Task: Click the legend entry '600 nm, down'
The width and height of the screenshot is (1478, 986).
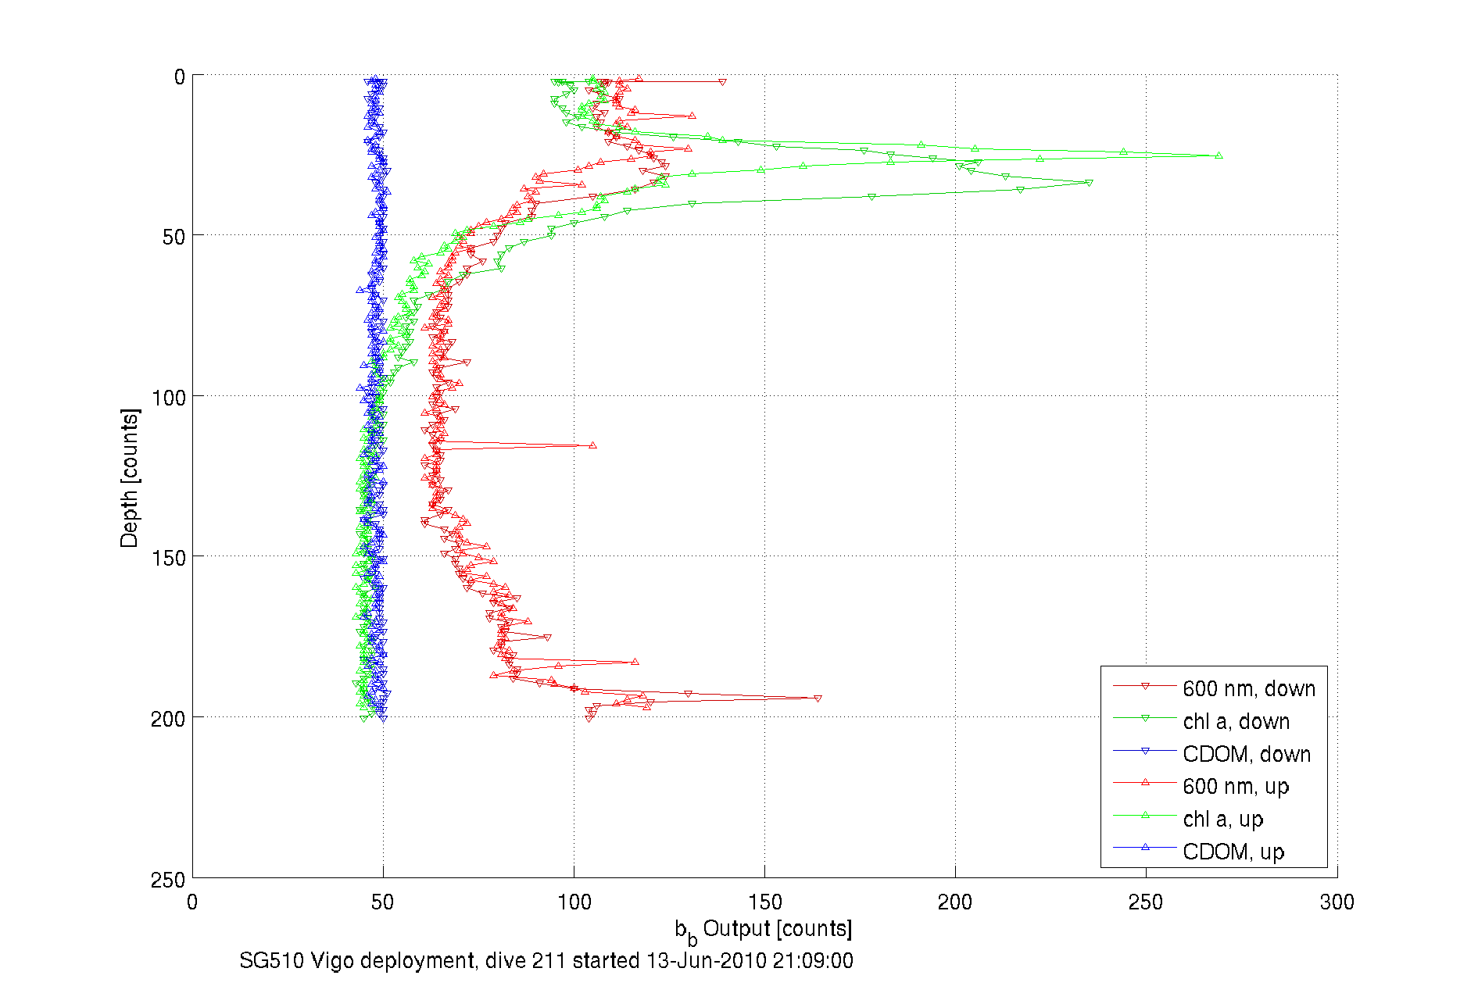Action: (x=1248, y=689)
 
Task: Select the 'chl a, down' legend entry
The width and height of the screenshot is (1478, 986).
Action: (x=1236, y=722)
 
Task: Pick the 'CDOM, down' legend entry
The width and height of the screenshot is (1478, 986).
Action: (x=1246, y=755)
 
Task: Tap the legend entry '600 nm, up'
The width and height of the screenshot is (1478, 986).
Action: (x=1236, y=787)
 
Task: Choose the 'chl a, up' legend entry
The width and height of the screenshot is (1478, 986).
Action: (x=1222, y=820)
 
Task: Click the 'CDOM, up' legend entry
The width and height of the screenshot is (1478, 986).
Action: (x=1233, y=852)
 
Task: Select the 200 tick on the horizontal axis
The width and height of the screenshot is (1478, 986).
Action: (x=955, y=902)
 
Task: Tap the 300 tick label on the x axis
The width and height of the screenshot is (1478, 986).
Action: (x=1337, y=902)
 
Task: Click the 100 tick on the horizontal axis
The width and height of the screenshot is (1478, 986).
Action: (x=574, y=902)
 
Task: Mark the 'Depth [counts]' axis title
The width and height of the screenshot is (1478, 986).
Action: (x=130, y=478)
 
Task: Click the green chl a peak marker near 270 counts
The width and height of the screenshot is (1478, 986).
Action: (x=1219, y=156)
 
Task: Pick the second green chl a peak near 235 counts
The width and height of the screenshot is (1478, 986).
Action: (x=1089, y=183)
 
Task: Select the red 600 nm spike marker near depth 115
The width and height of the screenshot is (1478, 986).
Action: (x=592, y=445)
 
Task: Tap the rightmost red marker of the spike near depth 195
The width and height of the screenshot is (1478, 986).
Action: (x=818, y=698)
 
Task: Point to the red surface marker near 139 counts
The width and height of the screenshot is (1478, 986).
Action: (x=722, y=82)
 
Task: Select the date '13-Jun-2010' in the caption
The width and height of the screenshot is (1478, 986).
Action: (x=706, y=961)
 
